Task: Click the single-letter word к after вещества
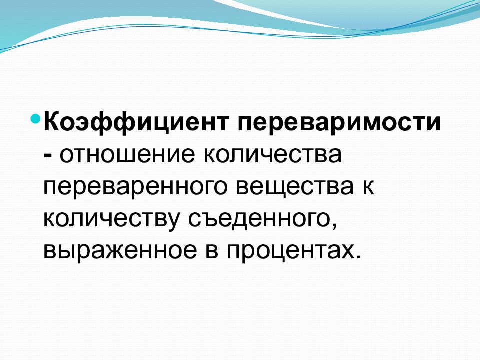click(368, 188)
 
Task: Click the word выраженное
click(118, 250)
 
